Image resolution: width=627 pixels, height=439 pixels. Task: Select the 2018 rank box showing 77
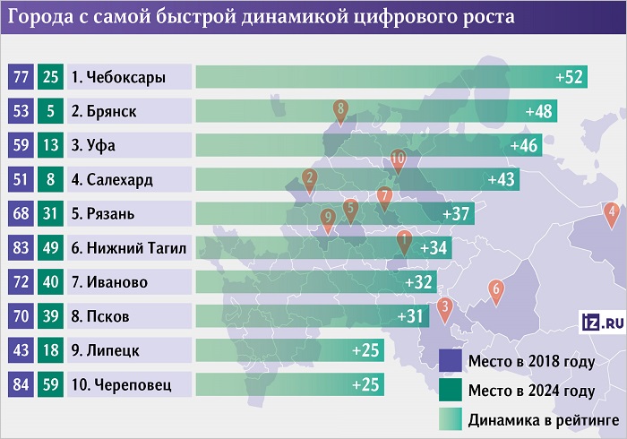pos(19,77)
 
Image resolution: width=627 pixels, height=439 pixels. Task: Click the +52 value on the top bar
pos(570,77)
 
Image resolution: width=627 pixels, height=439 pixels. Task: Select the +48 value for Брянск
pos(542,111)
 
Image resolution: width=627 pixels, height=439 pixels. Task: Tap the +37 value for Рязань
pos(457,214)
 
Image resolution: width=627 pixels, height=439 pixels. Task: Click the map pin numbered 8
pos(340,110)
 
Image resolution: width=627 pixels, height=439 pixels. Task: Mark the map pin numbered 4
pos(613,213)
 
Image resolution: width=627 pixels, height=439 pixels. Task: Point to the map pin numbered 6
pos(495,289)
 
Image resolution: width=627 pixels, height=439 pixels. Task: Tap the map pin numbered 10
pos(399,158)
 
